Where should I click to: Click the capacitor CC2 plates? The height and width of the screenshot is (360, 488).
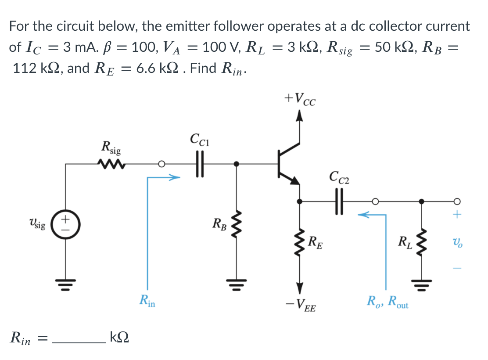coord(339,202)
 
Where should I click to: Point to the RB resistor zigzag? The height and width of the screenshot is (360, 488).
coord(237,228)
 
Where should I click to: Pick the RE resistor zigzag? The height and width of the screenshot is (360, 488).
coord(300,241)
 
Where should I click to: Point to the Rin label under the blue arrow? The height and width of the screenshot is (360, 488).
coord(147,301)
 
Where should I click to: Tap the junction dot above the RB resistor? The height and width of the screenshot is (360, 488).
coord(237,164)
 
